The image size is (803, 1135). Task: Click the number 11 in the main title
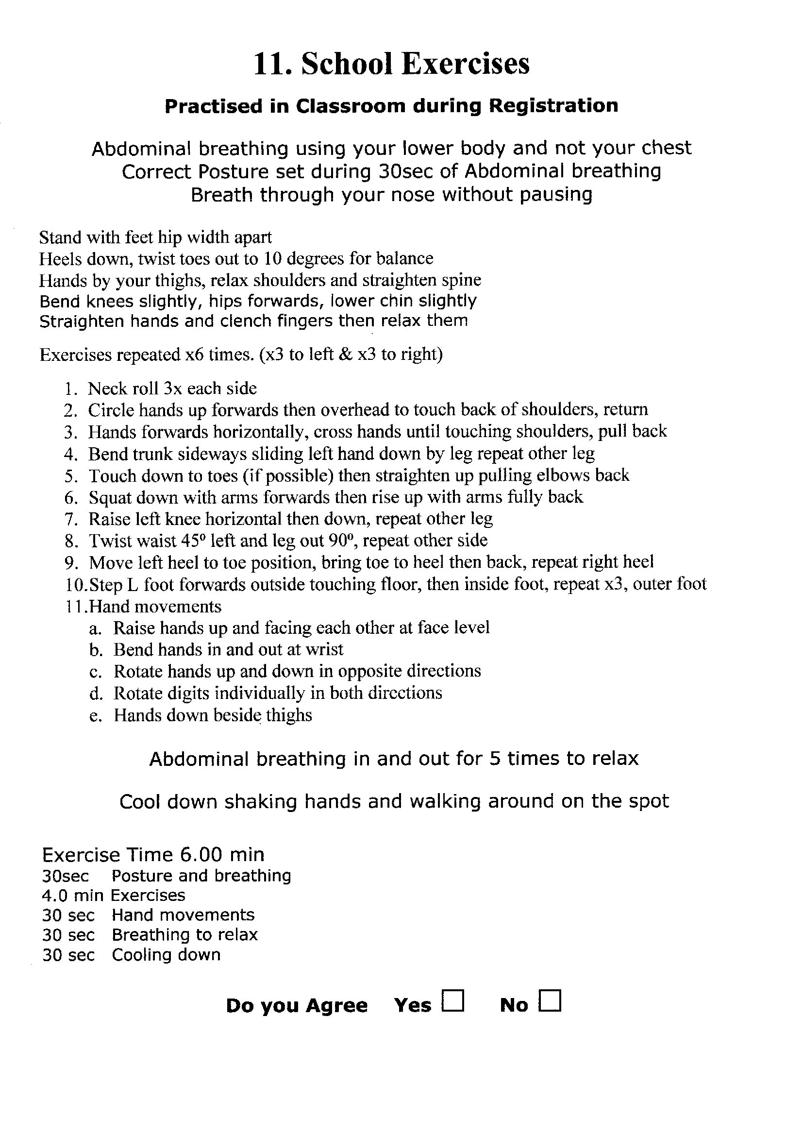(270, 64)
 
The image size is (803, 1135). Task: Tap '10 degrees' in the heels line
(304, 258)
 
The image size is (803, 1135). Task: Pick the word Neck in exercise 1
(104, 388)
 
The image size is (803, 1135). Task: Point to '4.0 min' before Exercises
(73, 896)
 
